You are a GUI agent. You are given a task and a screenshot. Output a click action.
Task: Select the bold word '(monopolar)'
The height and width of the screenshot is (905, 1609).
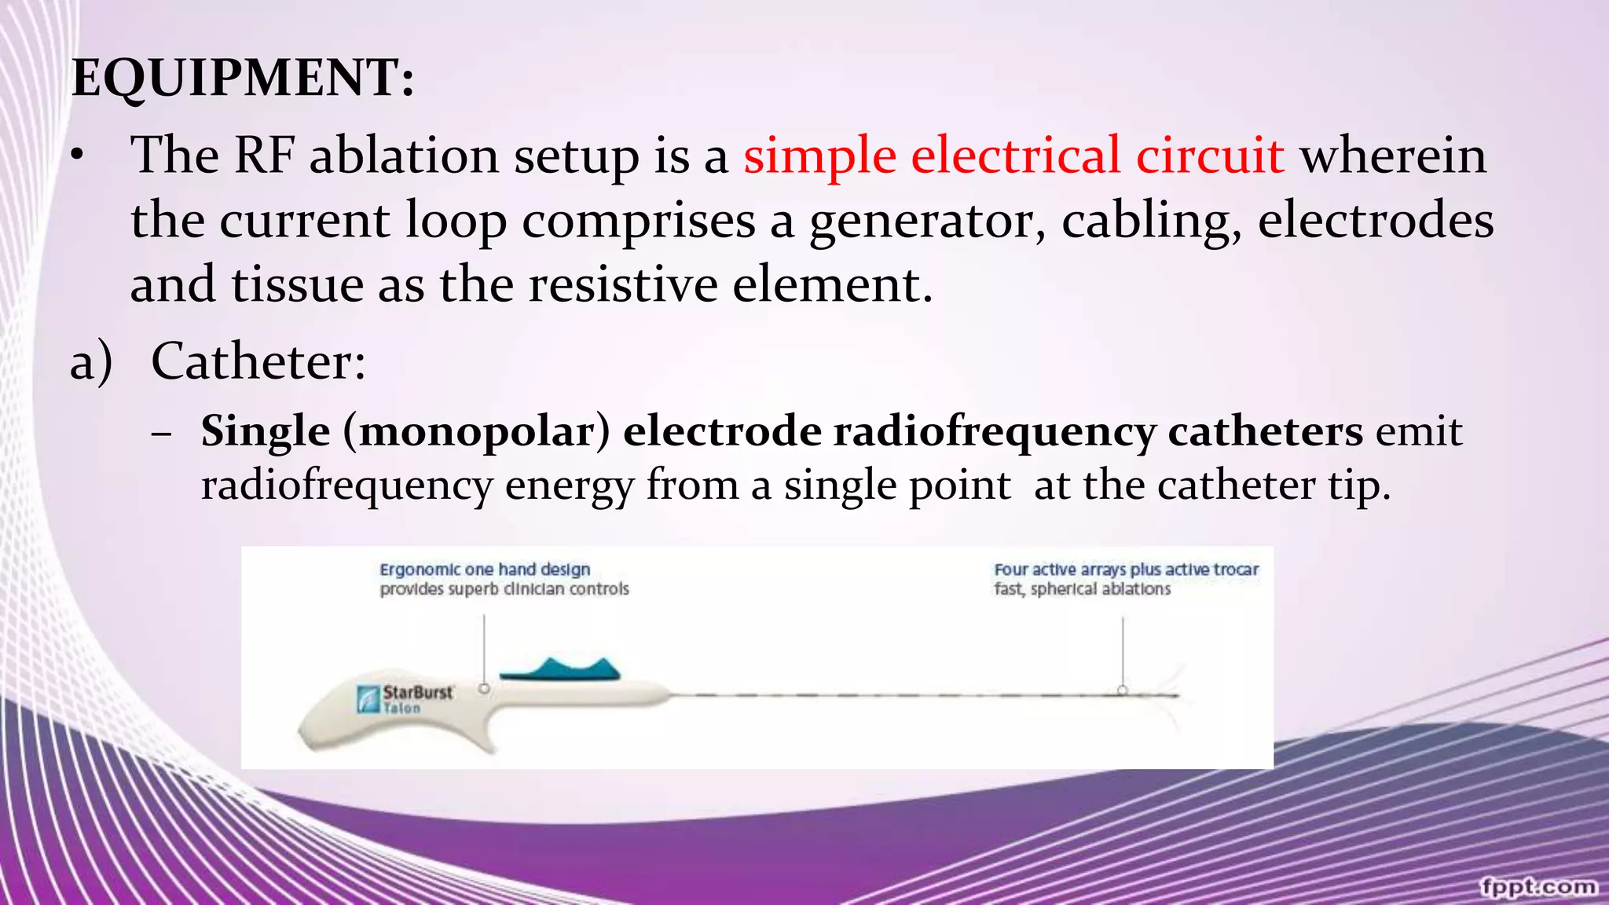[x=477, y=431]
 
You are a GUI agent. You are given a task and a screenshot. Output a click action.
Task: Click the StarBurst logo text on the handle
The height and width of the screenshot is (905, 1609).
[x=417, y=693]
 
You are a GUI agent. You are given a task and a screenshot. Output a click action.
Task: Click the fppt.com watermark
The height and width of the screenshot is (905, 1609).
[x=1538, y=887]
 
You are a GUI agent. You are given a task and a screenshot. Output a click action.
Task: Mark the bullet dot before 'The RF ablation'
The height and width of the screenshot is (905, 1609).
[x=76, y=157]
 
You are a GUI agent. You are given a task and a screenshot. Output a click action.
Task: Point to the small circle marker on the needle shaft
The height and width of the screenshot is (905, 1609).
[x=1123, y=691]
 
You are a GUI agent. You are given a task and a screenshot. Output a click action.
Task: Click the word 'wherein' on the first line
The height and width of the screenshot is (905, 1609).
[x=1393, y=156]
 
